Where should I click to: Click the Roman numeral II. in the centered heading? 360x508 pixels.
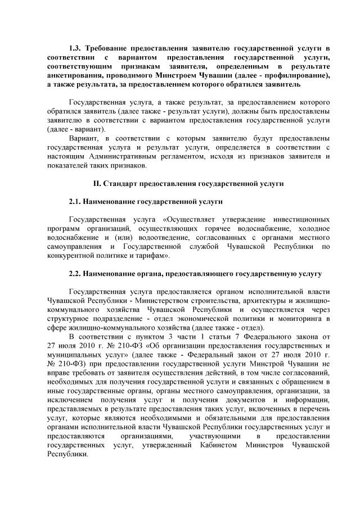(97, 183)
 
